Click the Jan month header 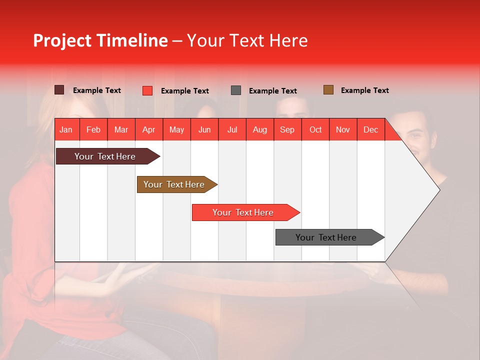click(x=66, y=129)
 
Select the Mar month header click(x=121, y=129)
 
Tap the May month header click(x=176, y=129)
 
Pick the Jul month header click(x=232, y=129)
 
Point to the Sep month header click(x=287, y=129)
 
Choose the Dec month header click(x=370, y=129)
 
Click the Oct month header click(x=315, y=129)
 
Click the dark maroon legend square click(x=59, y=90)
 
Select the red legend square click(x=147, y=90)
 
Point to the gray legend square click(x=236, y=90)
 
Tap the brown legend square click(x=328, y=90)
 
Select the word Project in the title click(x=62, y=40)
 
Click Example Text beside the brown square click(x=364, y=90)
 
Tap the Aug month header click(x=259, y=129)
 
